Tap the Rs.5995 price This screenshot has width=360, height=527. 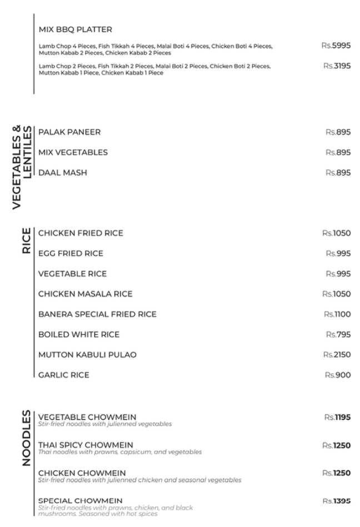(x=336, y=45)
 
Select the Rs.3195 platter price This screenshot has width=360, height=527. (x=337, y=66)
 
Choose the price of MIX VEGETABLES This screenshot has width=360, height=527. (x=338, y=153)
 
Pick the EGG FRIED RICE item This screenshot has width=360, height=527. (x=71, y=254)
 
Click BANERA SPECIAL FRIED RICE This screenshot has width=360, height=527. (x=97, y=314)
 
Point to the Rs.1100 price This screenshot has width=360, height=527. (x=337, y=314)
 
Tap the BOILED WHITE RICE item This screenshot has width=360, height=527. (x=79, y=335)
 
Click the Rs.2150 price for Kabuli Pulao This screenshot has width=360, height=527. (x=337, y=355)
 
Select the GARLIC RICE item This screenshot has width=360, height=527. (x=63, y=375)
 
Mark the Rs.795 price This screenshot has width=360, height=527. (x=338, y=335)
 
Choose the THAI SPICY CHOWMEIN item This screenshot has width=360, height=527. (x=85, y=445)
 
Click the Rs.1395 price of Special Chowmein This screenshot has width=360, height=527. (x=336, y=501)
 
